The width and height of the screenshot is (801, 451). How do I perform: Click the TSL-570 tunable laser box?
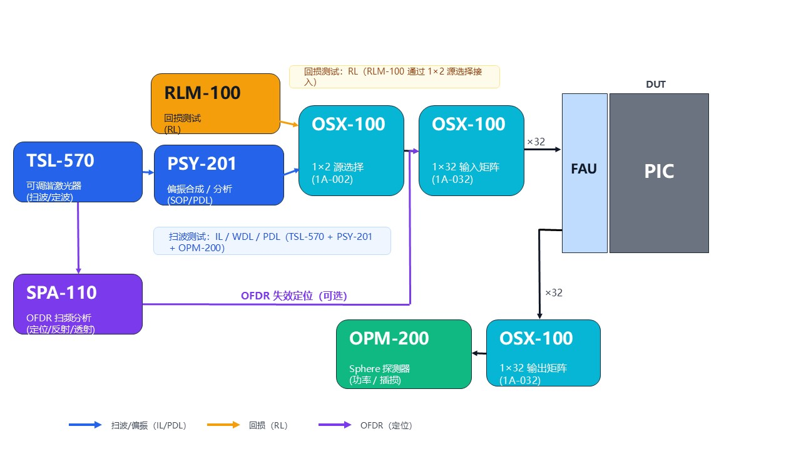click(78, 172)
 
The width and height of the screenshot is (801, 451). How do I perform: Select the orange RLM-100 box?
click(215, 103)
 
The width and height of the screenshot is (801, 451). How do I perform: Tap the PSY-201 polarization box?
click(219, 175)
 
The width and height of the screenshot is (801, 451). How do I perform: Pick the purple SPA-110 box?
click(78, 304)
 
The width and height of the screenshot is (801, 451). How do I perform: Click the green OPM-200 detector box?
click(404, 354)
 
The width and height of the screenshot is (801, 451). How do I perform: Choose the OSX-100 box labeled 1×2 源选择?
click(351, 150)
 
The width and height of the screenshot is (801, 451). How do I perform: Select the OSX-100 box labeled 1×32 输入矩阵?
click(471, 150)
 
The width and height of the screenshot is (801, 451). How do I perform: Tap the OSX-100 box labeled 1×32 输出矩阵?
click(543, 353)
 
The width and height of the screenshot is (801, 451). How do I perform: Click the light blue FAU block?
click(584, 173)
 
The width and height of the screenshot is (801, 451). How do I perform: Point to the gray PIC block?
click(659, 173)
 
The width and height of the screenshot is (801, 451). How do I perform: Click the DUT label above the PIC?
click(656, 85)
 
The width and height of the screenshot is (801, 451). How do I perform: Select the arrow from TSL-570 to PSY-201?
click(148, 172)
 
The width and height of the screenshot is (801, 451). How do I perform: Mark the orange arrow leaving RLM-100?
click(289, 123)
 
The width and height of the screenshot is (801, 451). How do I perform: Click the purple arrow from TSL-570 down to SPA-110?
click(78, 238)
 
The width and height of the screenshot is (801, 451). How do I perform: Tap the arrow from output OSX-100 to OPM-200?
click(479, 353)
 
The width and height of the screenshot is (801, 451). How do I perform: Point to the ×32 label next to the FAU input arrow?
click(536, 142)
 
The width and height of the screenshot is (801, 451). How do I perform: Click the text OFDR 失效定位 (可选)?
click(293, 296)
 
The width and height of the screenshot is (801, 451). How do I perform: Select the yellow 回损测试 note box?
click(394, 76)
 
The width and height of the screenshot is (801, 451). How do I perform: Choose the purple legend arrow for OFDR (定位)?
click(335, 425)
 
